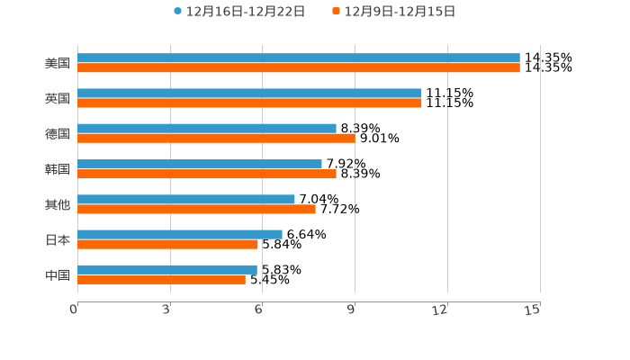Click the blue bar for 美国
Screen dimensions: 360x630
(299, 58)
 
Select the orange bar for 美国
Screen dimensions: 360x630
(299, 68)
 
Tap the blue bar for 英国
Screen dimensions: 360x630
(249, 94)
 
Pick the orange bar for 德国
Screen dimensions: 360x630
(216, 139)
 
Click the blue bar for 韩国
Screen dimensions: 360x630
(200, 164)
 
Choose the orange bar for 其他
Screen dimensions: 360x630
(196, 210)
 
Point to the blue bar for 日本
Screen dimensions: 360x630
(180, 234)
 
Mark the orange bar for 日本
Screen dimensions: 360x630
(167, 245)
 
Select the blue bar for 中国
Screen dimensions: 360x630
(167, 269)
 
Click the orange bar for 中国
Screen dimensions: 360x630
(161, 280)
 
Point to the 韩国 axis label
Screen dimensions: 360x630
(58, 169)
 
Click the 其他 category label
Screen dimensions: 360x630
(58, 204)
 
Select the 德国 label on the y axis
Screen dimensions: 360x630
(58, 133)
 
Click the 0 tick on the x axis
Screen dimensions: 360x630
(74, 310)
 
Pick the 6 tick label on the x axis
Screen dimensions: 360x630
(258, 310)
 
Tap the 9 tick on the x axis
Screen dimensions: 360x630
(351, 310)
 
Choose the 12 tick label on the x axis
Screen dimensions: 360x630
(440, 310)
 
